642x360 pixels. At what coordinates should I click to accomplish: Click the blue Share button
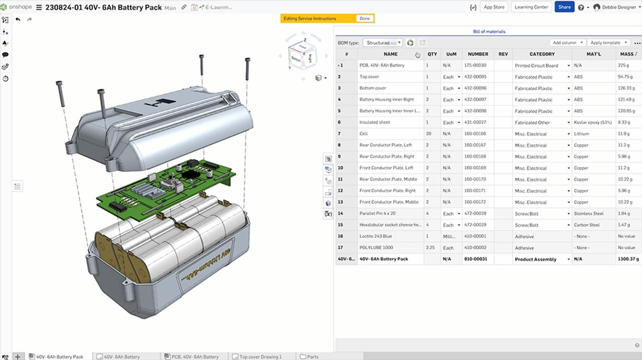click(x=564, y=7)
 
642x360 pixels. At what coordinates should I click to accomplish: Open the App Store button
click(x=494, y=7)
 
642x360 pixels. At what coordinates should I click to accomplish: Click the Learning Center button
click(x=531, y=7)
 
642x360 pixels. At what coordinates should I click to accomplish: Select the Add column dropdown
click(x=567, y=43)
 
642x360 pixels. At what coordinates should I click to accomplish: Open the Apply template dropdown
click(x=608, y=43)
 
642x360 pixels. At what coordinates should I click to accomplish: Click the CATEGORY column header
click(x=542, y=54)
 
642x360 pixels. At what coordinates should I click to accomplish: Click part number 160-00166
click(x=475, y=134)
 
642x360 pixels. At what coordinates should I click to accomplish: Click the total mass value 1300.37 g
click(x=628, y=259)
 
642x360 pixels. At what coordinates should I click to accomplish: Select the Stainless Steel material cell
click(x=589, y=214)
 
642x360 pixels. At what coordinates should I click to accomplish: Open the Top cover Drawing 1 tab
click(x=260, y=356)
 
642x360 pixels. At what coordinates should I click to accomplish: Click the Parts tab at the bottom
click(x=312, y=356)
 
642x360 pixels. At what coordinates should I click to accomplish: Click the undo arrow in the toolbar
click(x=18, y=20)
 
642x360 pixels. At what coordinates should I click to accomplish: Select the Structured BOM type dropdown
click(x=383, y=43)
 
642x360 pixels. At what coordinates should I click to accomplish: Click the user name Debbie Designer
click(x=619, y=8)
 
